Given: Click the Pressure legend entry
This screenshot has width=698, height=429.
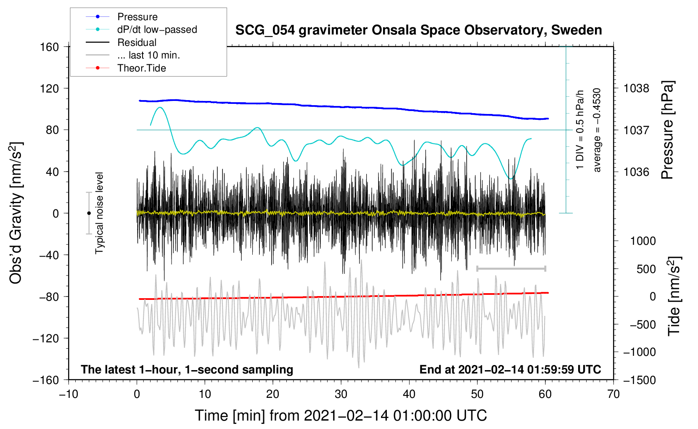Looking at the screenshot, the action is (122, 16).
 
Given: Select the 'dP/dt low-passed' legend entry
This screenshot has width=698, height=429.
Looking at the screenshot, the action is (141, 29).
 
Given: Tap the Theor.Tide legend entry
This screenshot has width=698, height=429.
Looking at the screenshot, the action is (126, 68).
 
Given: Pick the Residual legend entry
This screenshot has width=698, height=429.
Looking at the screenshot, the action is (121, 42).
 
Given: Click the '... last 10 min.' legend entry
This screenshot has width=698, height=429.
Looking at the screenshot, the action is (133, 55).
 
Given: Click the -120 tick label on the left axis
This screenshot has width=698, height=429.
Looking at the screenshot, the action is (46, 338).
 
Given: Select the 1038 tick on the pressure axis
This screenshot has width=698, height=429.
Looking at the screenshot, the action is (636, 89).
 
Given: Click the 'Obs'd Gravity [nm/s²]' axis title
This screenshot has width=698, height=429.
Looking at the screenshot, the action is (16, 213).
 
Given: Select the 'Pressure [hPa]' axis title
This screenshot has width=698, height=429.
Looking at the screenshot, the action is (667, 130).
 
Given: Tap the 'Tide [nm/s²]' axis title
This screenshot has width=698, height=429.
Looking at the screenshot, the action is (674, 296).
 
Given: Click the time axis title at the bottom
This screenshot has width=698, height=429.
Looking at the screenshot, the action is (341, 416).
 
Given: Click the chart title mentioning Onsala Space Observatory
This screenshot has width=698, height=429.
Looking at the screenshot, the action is (418, 30).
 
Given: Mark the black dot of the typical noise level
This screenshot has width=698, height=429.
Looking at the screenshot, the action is (89, 213).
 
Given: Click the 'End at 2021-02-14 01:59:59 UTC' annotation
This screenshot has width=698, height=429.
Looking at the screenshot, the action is (510, 369).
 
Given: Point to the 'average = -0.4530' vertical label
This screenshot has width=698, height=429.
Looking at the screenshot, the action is (597, 130).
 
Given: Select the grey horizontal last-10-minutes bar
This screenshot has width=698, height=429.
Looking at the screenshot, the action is (511, 268).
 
